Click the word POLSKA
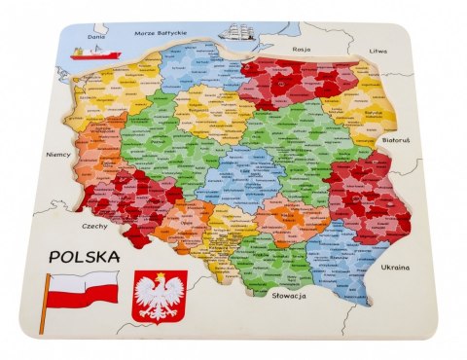point(83,257)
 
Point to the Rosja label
point(301,47)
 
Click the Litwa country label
point(377,51)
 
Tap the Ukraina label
point(393,267)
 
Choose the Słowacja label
point(290,293)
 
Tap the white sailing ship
point(237,32)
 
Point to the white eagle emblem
point(159,296)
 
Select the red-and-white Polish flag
point(82,289)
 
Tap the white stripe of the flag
point(84,281)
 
